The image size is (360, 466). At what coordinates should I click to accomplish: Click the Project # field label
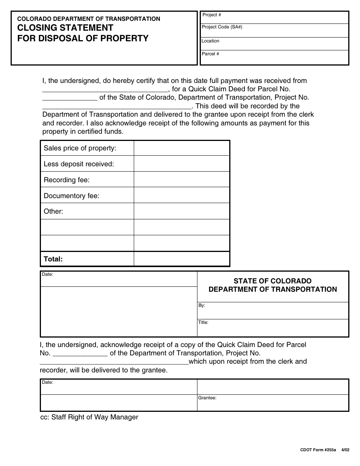click(212, 15)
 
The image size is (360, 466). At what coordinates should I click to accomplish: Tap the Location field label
click(210, 41)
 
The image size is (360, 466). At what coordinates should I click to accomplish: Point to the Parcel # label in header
click(210, 54)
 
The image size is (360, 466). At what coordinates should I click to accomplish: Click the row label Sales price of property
click(80, 148)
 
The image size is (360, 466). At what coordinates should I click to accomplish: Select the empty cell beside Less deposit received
click(182, 164)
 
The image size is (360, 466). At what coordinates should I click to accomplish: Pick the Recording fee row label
click(67, 180)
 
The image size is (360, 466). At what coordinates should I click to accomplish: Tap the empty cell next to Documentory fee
click(182, 195)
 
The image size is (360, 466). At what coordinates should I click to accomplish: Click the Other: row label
click(53, 211)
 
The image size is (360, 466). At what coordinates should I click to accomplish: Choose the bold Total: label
click(53, 259)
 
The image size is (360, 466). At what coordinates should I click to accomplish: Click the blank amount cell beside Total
click(182, 259)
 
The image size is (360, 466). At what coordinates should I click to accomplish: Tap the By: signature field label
click(202, 305)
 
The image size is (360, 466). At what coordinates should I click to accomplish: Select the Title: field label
click(203, 322)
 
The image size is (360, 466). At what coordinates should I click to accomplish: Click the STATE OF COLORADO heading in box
click(272, 281)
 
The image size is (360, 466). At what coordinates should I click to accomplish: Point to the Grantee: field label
click(207, 398)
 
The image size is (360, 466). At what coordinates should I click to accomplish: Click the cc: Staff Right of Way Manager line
click(89, 417)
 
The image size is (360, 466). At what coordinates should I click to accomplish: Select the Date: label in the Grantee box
click(47, 382)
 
